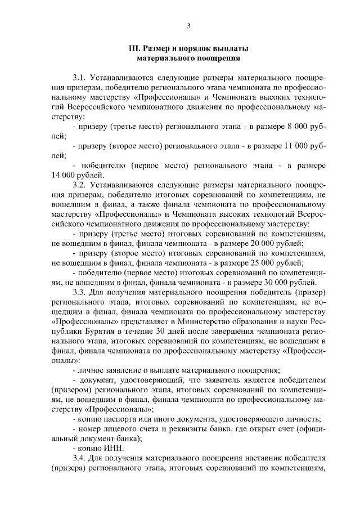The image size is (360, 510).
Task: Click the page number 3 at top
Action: coord(189,25)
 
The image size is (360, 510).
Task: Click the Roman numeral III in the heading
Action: coord(134,48)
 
